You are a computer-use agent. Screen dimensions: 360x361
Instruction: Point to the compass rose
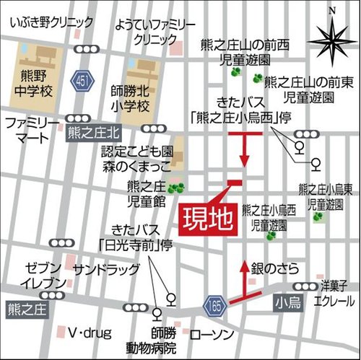point(331,36)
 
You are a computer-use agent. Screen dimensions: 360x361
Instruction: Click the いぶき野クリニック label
point(52,23)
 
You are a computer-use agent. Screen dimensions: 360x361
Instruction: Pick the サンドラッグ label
point(105,269)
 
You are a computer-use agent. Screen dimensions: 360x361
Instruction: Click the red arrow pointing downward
point(244,150)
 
